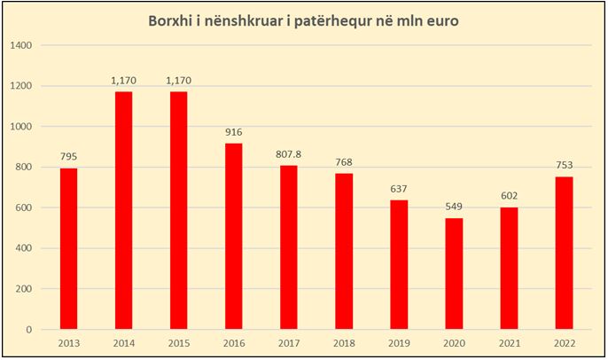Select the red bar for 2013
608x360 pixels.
68,249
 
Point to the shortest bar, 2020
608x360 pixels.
454,274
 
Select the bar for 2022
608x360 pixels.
565,253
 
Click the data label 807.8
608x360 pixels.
288,154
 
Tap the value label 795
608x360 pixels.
68,157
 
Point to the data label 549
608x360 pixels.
454,207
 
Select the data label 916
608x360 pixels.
233,132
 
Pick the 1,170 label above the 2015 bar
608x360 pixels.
178,81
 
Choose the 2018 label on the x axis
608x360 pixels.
344,344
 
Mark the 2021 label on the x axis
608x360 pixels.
510,344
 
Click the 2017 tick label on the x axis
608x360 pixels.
289,344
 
